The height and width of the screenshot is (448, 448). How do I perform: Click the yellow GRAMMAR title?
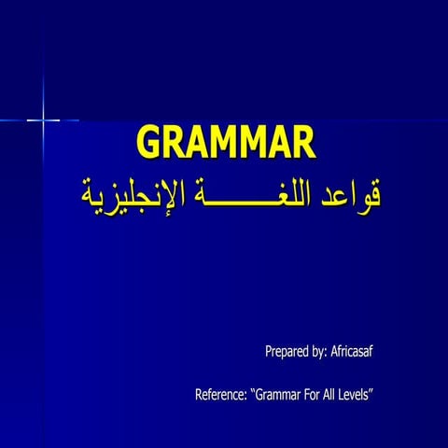pyautogui.click(x=227, y=144)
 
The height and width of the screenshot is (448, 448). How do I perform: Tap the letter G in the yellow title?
pyautogui.click(x=148, y=144)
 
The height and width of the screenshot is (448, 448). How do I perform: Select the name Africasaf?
pyautogui.click(x=352, y=352)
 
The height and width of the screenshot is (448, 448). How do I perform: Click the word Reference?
pyautogui.click(x=220, y=395)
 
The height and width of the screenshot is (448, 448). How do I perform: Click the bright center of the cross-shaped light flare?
pyautogui.click(x=43, y=119)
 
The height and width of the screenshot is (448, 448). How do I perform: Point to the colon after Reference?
pyautogui.click(x=245, y=397)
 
